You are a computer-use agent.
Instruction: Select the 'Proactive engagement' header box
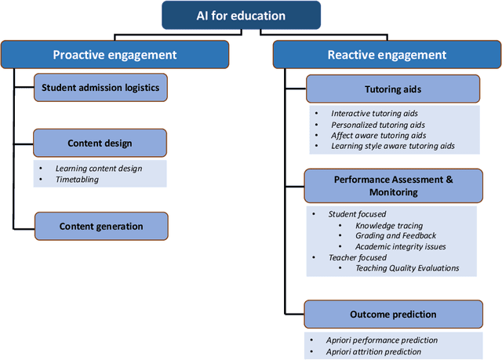click(x=115, y=54)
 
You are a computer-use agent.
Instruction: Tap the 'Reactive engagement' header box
click(x=387, y=54)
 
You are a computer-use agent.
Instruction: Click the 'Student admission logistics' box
click(x=100, y=88)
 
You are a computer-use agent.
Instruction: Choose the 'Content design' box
click(x=100, y=144)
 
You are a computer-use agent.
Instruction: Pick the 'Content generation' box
click(x=100, y=227)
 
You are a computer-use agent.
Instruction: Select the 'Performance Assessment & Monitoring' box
click(x=393, y=185)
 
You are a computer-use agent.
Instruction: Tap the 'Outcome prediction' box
click(x=393, y=315)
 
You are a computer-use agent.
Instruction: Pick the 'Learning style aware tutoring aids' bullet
click(x=392, y=147)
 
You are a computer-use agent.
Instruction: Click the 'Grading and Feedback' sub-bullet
click(x=396, y=235)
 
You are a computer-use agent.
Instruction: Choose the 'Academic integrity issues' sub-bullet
click(x=401, y=246)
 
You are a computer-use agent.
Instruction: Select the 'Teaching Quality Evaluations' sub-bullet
click(x=407, y=268)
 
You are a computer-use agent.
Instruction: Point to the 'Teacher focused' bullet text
click(x=358, y=257)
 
